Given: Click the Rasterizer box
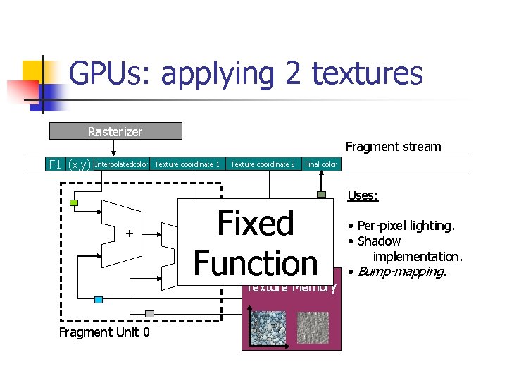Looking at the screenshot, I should point(115,131).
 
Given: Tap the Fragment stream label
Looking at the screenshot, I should point(393,147).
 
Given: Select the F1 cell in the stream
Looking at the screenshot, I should point(54,164).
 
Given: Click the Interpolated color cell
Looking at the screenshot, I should point(121,164).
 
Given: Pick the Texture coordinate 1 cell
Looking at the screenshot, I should point(187,164).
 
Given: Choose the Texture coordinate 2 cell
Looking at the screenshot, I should point(263,164).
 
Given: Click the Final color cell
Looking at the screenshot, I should point(320,164).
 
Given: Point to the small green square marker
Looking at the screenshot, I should point(74,204).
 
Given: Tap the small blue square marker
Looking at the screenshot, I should point(99,300).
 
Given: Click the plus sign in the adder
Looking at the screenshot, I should point(129,234).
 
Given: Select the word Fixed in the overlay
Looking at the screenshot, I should point(256,224).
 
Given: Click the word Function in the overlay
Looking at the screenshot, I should point(256,263).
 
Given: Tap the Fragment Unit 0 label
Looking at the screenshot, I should point(104,332).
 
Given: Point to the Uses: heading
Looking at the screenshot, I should point(363,195).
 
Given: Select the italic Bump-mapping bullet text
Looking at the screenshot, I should point(401,272).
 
